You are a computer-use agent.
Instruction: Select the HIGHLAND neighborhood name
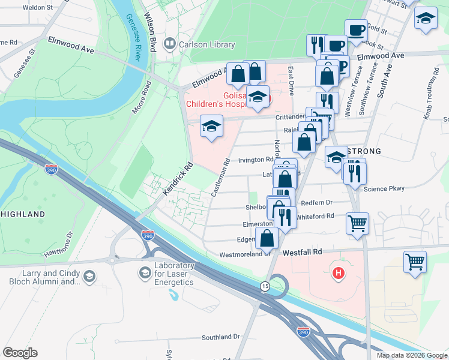23,214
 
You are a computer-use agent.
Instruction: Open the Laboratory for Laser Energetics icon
144,274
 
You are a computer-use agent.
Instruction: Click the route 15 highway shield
265,287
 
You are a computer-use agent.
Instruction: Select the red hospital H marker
339,274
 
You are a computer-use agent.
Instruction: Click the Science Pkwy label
384,188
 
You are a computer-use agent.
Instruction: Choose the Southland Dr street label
221,337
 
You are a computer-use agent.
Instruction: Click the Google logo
20,353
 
